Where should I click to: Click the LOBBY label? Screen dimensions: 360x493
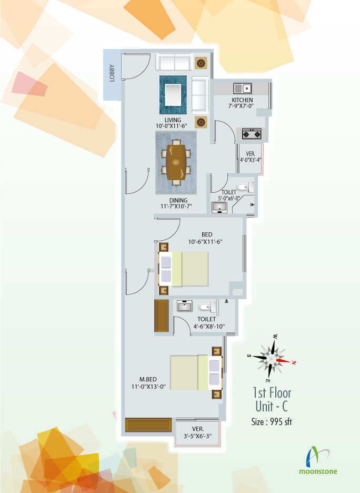click(112, 73)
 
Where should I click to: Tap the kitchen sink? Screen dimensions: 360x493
click(243, 88)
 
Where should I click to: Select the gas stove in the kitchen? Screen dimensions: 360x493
click(252, 134)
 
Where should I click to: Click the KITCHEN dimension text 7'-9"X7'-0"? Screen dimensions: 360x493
click(241, 106)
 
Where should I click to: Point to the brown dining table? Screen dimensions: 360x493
click(176, 162)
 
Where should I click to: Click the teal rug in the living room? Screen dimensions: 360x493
click(173, 95)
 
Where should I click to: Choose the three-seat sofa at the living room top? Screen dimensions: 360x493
click(174, 62)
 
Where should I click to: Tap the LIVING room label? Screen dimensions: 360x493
click(173, 120)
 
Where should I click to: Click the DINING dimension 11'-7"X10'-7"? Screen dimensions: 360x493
click(176, 206)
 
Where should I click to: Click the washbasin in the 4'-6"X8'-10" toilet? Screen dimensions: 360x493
click(184, 305)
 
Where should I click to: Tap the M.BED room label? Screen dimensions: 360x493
click(148, 380)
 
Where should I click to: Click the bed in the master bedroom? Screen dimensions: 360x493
click(196, 372)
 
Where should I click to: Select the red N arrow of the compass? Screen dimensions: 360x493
click(286, 361)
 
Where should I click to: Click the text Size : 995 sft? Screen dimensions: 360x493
click(272, 421)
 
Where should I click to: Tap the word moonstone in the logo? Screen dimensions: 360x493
click(318, 471)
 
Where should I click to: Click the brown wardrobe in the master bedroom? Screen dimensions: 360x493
click(148, 425)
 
